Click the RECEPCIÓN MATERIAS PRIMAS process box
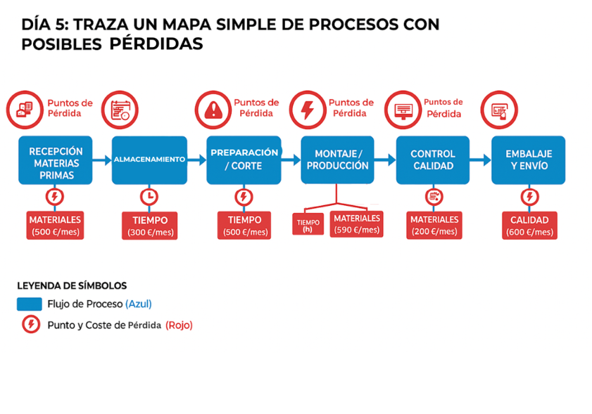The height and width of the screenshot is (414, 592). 56,160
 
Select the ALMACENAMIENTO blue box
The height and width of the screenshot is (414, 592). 149,160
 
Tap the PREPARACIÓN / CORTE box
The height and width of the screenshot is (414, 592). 244,160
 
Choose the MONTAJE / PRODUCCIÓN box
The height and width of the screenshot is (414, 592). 337,160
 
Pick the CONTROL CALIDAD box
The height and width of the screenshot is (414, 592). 432,160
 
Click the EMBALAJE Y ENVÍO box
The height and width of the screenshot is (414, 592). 528,160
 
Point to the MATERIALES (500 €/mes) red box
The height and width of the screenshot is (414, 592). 56,226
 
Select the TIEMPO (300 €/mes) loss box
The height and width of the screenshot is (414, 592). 149,226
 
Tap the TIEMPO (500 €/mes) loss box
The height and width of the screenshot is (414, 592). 244,226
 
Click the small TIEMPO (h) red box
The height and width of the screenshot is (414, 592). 308,225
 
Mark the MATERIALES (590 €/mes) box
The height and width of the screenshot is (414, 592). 357,224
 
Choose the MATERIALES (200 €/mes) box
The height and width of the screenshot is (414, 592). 434,226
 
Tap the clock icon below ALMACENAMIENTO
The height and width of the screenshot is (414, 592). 149,196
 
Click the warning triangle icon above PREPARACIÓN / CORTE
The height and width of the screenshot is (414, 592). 212,109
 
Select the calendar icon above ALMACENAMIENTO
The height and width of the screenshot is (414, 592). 120,109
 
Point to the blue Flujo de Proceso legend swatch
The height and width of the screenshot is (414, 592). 29,304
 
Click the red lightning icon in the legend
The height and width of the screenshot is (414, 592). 30,325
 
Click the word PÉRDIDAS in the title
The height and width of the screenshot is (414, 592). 156,44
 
